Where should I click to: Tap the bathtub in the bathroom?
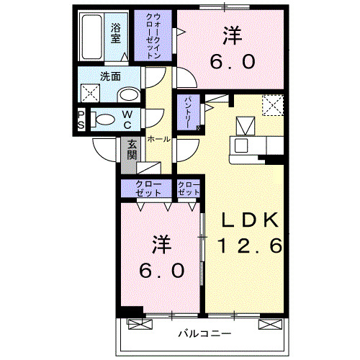[x=91, y=37]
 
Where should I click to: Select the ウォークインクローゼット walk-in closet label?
[x=153, y=36]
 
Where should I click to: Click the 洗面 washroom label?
[x=110, y=76]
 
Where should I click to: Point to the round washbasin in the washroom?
[x=130, y=95]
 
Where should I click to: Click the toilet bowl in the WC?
[x=103, y=120]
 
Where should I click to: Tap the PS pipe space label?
[x=81, y=120]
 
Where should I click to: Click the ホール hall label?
[x=159, y=139]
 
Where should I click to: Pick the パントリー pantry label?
[x=188, y=112]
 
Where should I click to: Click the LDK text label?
[x=250, y=220]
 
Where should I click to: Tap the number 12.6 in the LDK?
[x=251, y=246]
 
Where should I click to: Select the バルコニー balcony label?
[x=204, y=333]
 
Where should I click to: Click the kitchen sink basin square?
[x=241, y=145]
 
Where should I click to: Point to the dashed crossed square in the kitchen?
[x=273, y=105]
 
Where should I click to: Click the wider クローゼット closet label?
[x=148, y=189]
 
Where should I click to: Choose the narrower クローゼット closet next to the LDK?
[x=189, y=189]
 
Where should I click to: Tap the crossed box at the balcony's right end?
[x=270, y=324]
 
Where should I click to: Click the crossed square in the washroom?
[x=90, y=93]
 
